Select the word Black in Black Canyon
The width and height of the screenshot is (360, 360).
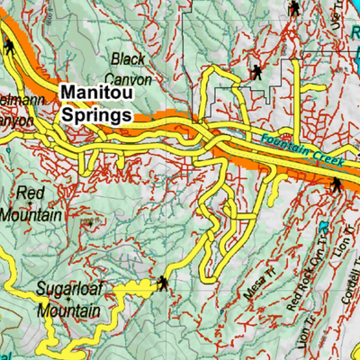pyautogui.click(x=128, y=59)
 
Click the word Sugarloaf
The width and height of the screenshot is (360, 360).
pyautogui.click(x=70, y=290)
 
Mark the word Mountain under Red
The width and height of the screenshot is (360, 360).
pyautogui.click(x=31, y=215)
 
